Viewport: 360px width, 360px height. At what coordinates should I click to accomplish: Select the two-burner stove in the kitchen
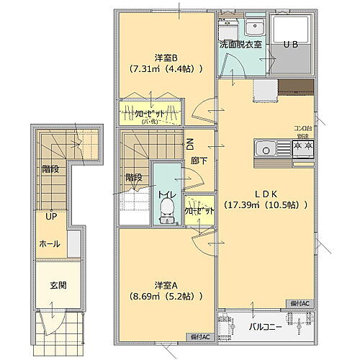pyautogui.click(x=302, y=148)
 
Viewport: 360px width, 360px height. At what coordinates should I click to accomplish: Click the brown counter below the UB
pyautogui.click(x=295, y=87)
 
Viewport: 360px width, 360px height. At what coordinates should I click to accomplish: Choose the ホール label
pyautogui.click(x=50, y=243)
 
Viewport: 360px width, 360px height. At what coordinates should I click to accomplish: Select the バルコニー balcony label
pyautogui.click(x=265, y=326)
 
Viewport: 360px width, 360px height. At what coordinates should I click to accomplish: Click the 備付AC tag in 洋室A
pyautogui.click(x=200, y=336)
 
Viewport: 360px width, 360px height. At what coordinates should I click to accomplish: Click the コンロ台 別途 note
pyautogui.click(x=302, y=131)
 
